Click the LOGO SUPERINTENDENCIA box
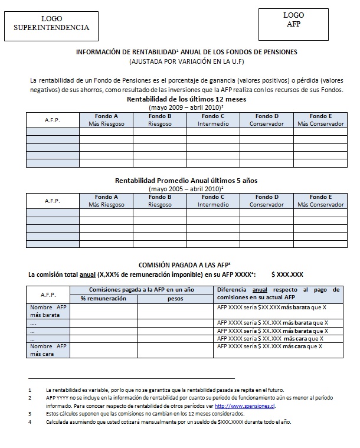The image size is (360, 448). [x=51, y=24]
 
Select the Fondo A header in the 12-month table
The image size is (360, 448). [x=106, y=120]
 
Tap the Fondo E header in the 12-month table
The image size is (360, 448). [x=320, y=120]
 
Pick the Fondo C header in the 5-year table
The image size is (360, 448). [x=213, y=201]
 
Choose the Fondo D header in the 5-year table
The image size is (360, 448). [x=267, y=201]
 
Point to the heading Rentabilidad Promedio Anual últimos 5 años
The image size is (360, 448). [x=186, y=179]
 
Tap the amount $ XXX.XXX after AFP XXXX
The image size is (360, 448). [x=287, y=274]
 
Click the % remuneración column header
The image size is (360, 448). [x=103, y=299]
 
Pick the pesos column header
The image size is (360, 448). [x=175, y=299]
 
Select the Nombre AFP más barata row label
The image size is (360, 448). [x=49, y=311]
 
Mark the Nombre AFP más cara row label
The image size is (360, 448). [x=49, y=351]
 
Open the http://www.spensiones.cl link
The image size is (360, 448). [x=245, y=406]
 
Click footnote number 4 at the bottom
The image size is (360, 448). [x=29, y=422]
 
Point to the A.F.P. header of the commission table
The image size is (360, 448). [x=49, y=295]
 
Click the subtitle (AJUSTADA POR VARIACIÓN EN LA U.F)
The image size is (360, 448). [x=186, y=61]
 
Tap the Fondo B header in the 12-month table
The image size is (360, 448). [x=160, y=120]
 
